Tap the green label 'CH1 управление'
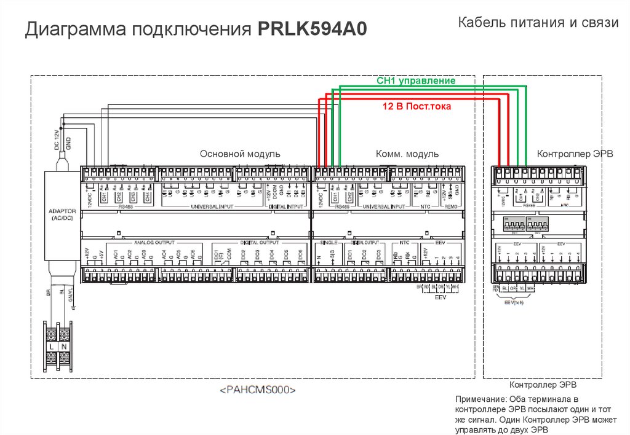pyautogui.click(x=416, y=81)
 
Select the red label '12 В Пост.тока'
pyautogui.click(x=417, y=106)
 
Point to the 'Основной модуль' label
pyautogui.click(x=240, y=154)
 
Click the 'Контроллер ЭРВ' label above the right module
pyautogui.click(x=575, y=154)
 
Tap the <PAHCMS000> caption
pyautogui.click(x=258, y=390)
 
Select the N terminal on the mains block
pyautogui.click(x=65, y=347)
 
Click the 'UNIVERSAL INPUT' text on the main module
pyautogui.click(x=212, y=207)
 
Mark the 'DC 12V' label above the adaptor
pyautogui.click(x=57, y=141)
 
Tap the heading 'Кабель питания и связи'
pyautogui.click(x=538, y=23)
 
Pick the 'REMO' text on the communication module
pyautogui.click(x=451, y=207)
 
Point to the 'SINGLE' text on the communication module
pyautogui.click(x=325, y=243)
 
